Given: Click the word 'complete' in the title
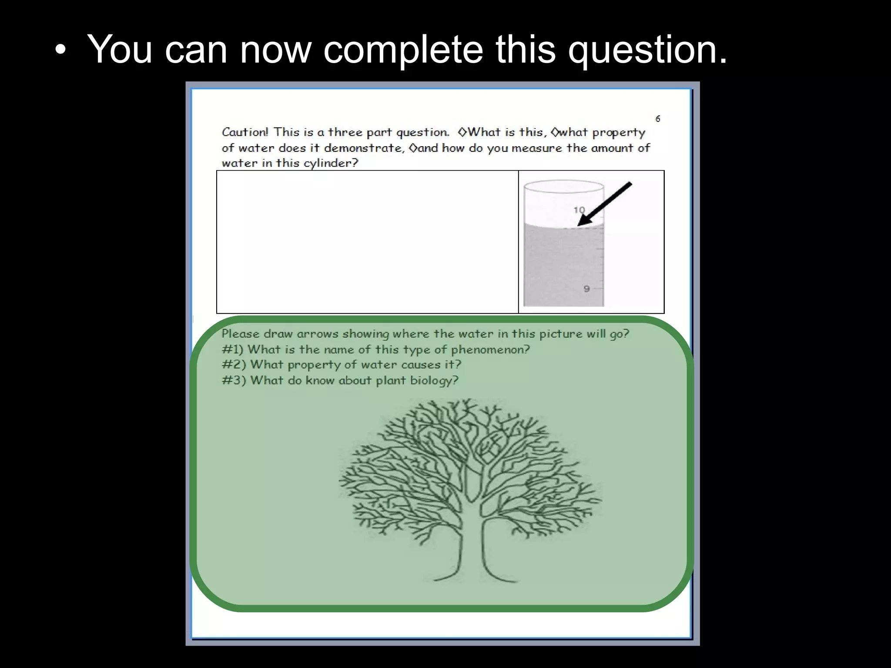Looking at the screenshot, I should [403, 49].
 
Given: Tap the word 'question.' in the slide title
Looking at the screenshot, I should [648, 50].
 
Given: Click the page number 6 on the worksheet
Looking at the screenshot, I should [658, 118].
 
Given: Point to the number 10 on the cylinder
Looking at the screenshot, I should [579, 210].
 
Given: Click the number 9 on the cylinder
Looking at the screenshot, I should [586, 288].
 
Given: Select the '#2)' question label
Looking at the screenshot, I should [234, 364].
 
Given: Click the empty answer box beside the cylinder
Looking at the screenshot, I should [367, 242].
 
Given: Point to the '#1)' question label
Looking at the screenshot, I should [232, 349].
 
